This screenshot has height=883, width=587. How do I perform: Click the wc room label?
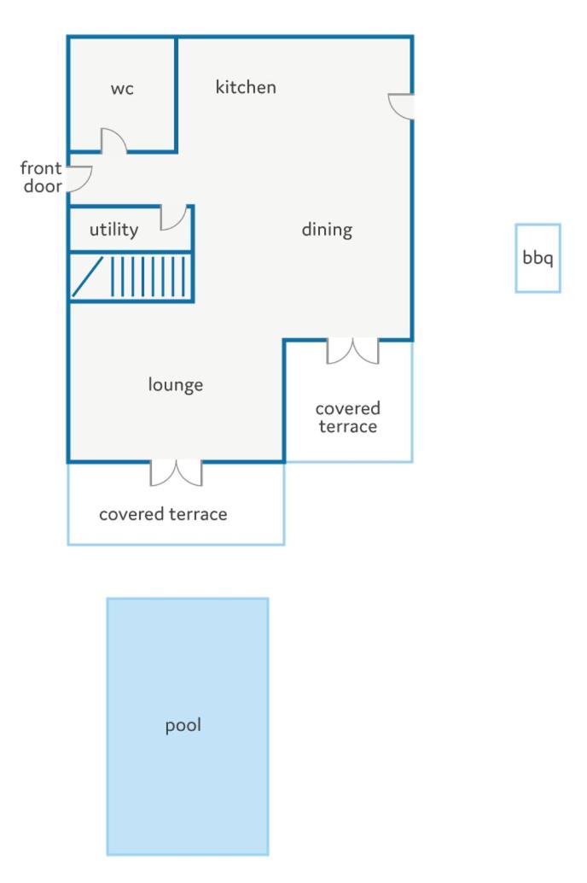pos(122,89)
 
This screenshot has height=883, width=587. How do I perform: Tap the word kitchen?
pos(246,87)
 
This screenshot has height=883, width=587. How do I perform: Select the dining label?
pos(327,230)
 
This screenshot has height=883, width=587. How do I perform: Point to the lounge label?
pos(176,384)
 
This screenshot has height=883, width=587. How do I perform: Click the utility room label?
pos(113,229)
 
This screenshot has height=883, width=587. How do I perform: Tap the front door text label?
pos(41,177)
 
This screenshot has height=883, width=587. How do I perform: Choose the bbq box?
pos(538,258)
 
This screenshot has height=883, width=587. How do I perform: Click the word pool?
pos(183,725)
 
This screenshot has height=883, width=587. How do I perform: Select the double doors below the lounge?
pos(176,473)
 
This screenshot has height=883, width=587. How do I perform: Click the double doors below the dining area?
pos(353,351)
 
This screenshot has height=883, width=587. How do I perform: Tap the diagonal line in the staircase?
pos(88,276)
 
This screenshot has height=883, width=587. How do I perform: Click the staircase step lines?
pos(148,276)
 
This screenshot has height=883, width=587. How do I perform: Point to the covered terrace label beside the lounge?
pos(348,418)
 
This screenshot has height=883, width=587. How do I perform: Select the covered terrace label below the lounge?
pos(163,514)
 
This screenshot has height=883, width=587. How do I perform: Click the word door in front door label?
pos(43,186)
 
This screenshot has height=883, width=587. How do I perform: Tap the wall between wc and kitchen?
pos(176,95)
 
